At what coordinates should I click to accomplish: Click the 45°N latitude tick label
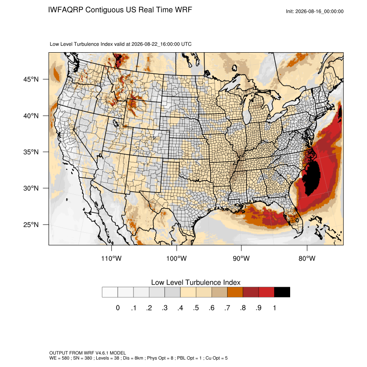coord(31,79)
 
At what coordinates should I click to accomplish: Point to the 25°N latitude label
coord(31,225)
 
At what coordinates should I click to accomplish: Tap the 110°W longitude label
coord(111,258)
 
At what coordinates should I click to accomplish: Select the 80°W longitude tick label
coord(307,258)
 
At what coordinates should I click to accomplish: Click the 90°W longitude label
coord(241,258)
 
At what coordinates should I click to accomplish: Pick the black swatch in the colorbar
coord(282,292)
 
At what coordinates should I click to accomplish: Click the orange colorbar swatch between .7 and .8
coord(235,292)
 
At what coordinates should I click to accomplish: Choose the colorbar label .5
coord(196,308)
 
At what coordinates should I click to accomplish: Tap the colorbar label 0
coord(118,308)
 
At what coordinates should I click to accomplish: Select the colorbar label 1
coord(274,308)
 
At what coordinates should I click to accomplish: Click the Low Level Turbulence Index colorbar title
coord(196,282)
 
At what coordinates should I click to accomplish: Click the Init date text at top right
coord(315,11)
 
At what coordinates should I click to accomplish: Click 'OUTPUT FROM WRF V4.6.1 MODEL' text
coord(88,353)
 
